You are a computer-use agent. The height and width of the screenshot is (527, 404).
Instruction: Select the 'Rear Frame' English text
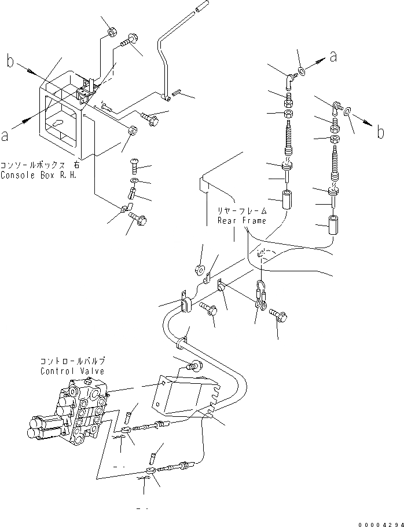pyautogui.click(x=241, y=221)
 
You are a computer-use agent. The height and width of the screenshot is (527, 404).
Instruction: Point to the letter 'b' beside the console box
pyautogui.click(x=10, y=60)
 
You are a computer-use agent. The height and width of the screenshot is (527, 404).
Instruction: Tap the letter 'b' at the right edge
pyautogui.click(x=380, y=132)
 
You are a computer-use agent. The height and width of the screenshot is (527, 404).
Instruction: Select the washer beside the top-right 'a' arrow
pyautogui.click(x=302, y=72)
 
